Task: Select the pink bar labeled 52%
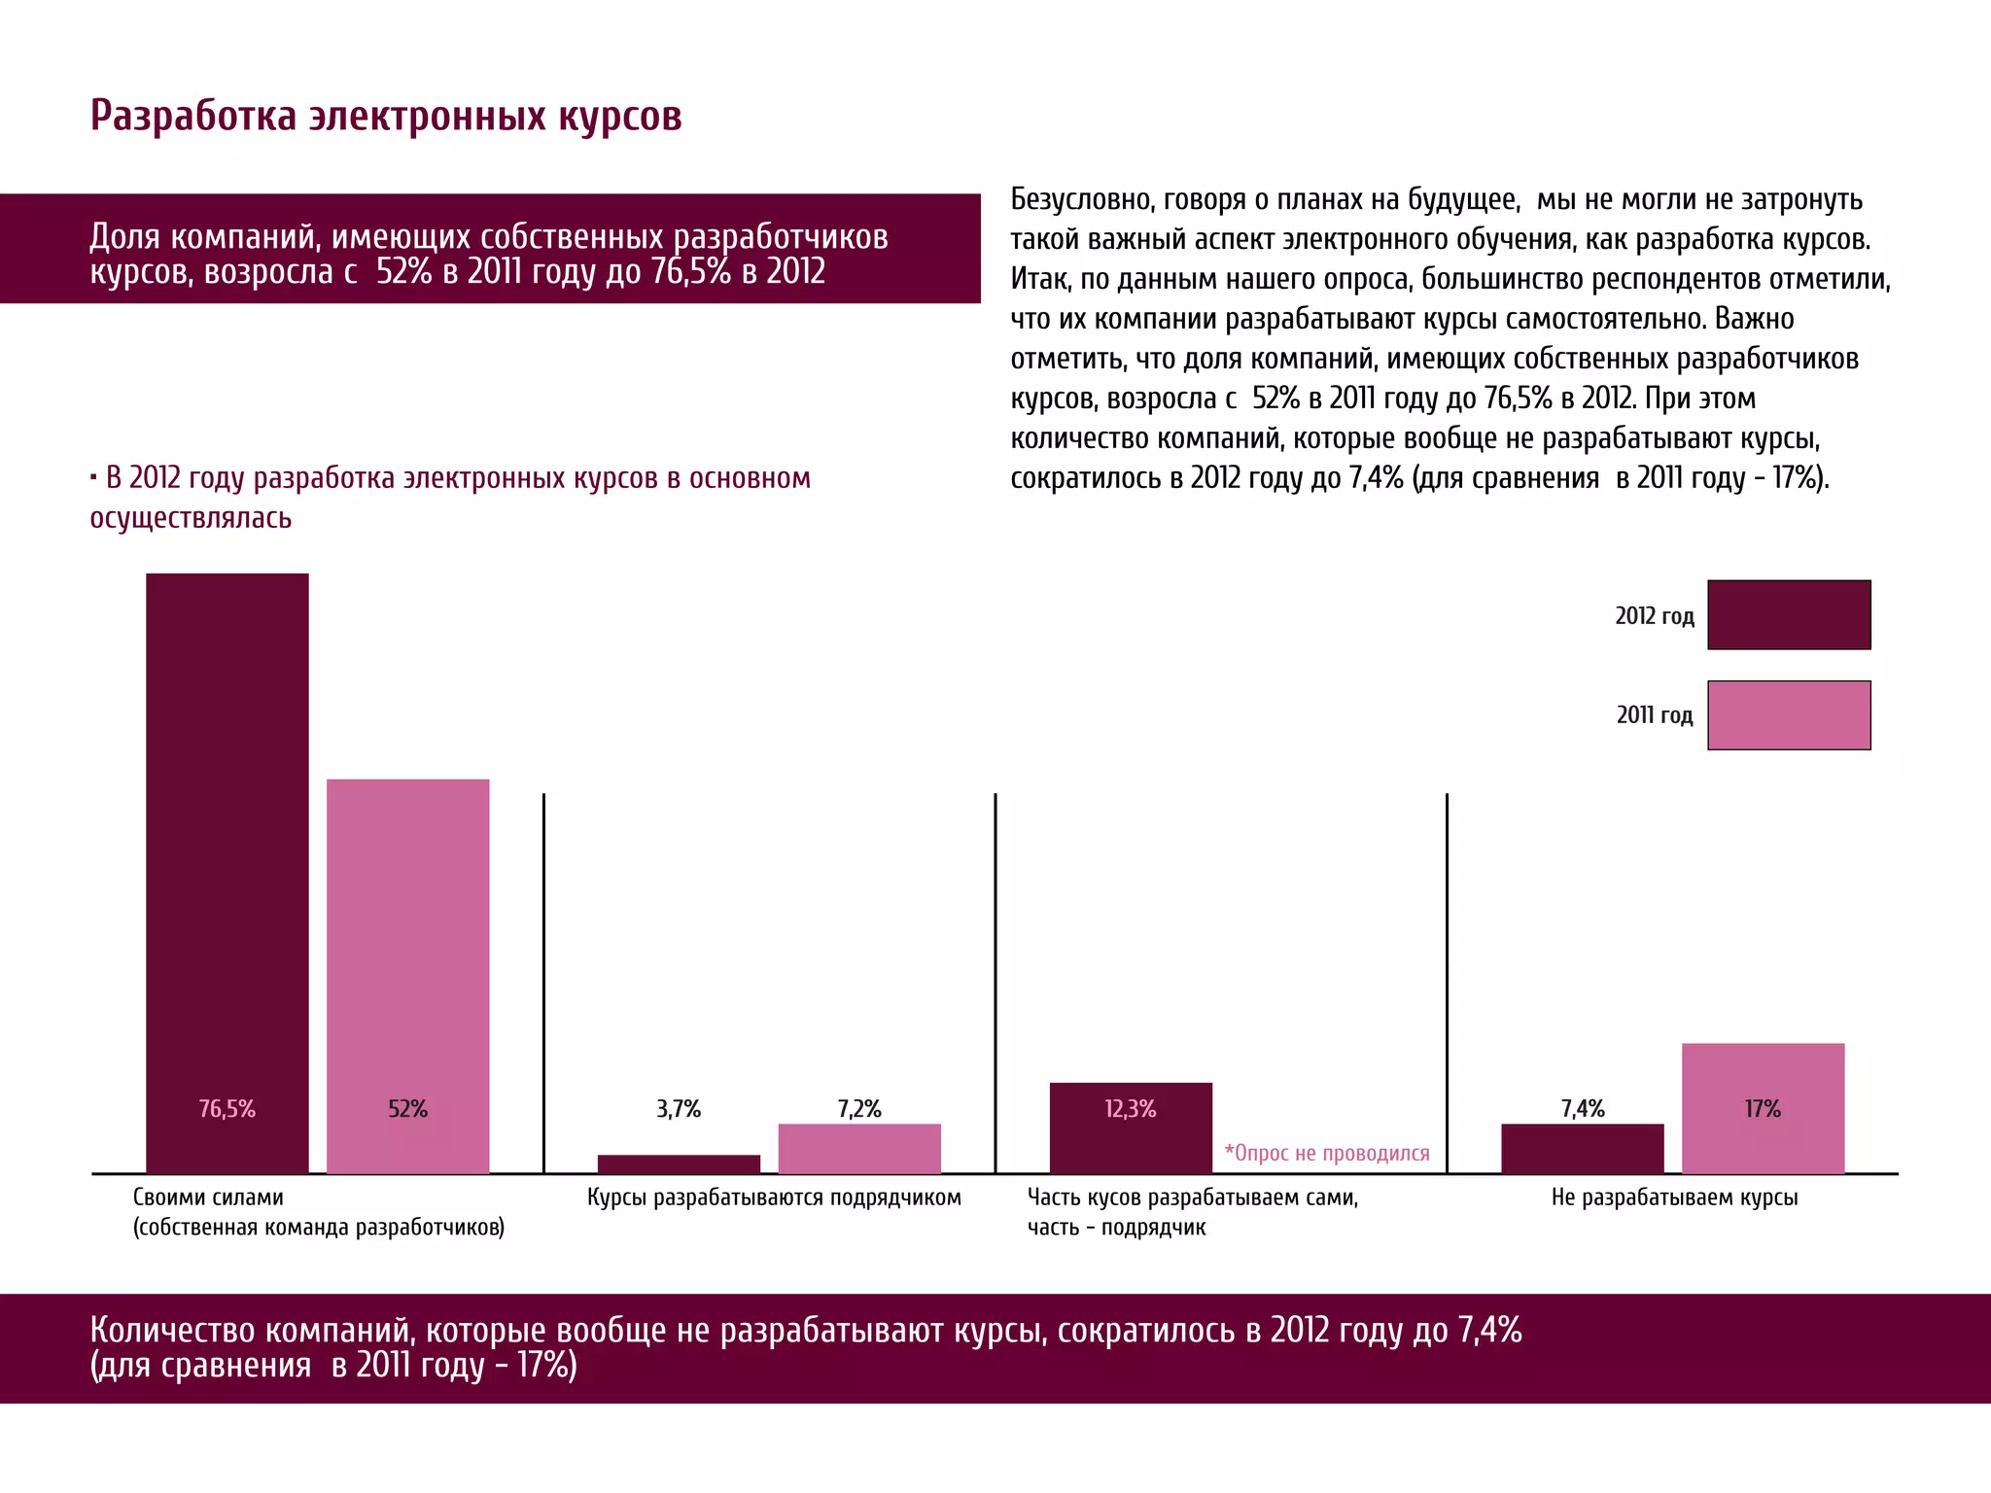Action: point(407,976)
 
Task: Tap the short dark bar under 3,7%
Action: point(679,1163)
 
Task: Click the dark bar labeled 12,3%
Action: point(1131,1128)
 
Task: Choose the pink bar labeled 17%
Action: point(1763,1108)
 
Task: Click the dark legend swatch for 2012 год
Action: point(1789,614)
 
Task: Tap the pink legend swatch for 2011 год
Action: point(1789,714)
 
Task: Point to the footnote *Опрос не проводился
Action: point(1327,1153)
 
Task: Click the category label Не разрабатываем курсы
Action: point(1674,1197)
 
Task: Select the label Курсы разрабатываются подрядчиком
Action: point(774,1197)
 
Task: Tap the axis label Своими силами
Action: point(208,1197)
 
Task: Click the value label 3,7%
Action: point(679,1109)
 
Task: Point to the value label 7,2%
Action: point(859,1109)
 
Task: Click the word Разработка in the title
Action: point(192,116)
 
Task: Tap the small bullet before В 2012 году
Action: point(93,477)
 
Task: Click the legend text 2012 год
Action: point(1655,615)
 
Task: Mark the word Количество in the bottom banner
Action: point(173,1330)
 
